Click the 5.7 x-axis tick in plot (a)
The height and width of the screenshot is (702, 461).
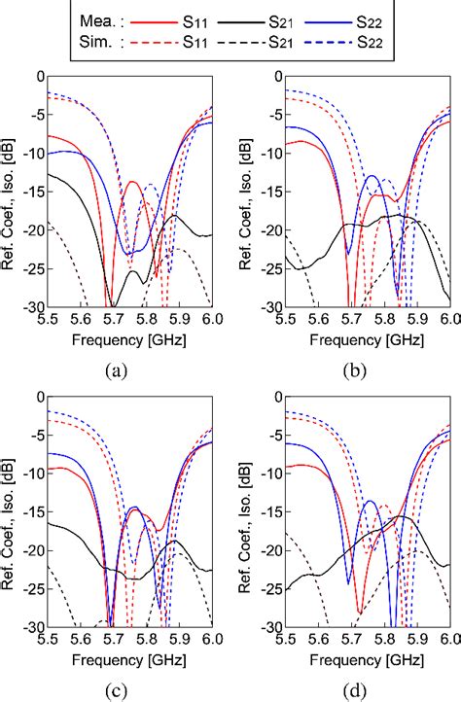tap(113, 318)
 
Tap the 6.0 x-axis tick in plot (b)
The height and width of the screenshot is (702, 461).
tap(448, 318)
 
